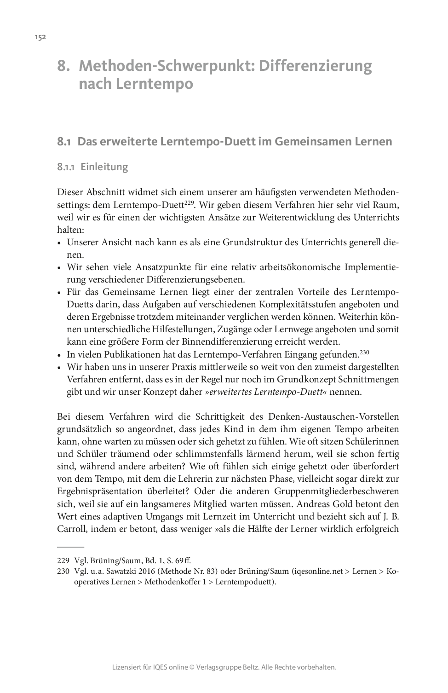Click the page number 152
[40, 37]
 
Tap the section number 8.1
[63, 142]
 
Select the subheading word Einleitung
[104, 167]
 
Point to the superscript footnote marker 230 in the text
[365, 352]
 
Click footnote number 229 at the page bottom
[63, 560]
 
